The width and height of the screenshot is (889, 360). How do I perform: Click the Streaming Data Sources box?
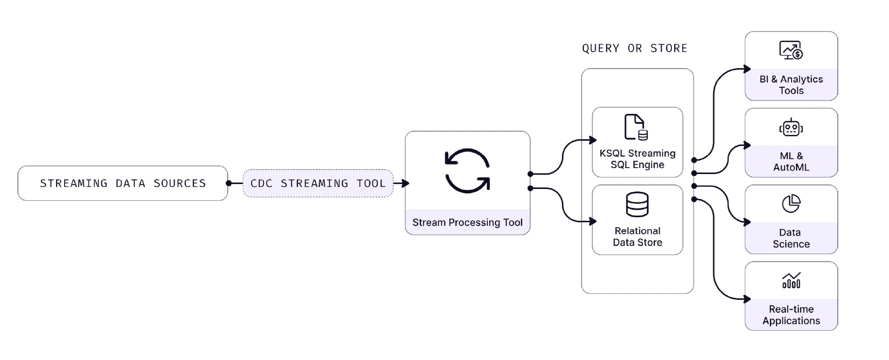coord(123,183)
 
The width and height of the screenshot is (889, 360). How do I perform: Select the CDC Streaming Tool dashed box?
coord(318,183)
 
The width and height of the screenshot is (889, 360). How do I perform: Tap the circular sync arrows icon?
coord(467,171)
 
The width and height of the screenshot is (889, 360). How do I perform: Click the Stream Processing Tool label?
coord(467,222)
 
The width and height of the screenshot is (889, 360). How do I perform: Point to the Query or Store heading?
coord(634,48)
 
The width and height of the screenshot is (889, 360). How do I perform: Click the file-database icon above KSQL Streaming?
coord(636,127)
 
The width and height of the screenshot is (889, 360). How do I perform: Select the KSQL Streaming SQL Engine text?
coord(637,159)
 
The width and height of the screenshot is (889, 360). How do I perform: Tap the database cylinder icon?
coord(637,204)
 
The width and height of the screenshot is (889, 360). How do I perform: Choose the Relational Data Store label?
coord(637,237)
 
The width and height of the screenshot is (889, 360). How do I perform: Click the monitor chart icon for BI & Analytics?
coord(791,50)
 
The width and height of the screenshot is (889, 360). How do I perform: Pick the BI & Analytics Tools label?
coord(791,85)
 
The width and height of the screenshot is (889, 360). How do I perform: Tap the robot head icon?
coord(791,128)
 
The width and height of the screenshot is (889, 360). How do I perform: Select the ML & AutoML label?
coord(791,162)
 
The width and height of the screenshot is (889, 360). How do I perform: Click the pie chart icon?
coord(791,203)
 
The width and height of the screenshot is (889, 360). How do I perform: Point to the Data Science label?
coord(791,238)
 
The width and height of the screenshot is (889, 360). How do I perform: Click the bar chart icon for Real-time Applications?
coord(791,280)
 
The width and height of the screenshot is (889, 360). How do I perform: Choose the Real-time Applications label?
coord(791,315)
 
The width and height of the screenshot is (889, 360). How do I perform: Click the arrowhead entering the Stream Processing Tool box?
coord(405,183)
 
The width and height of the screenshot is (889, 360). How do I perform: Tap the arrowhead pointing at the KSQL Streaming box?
coord(593,140)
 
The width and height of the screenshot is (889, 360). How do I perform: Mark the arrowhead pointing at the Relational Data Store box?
coord(593,221)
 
